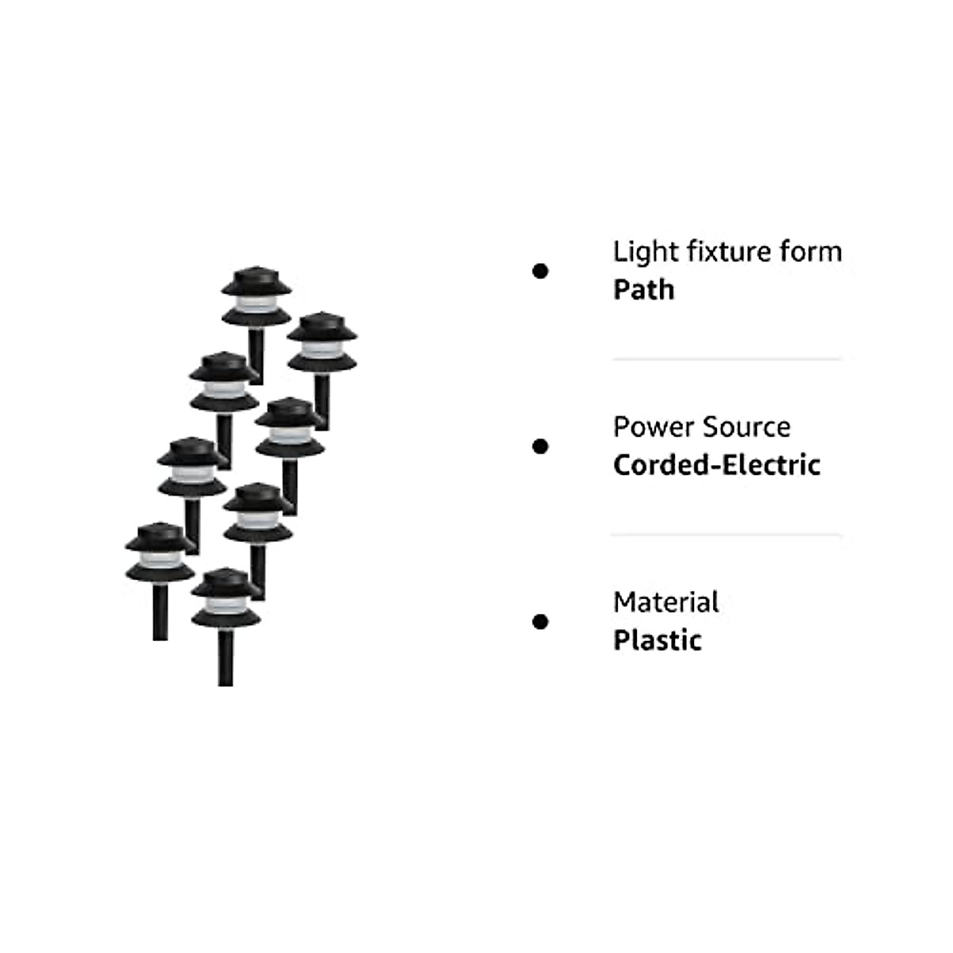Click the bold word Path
(x=643, y=290)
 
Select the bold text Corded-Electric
(x=716, y=465)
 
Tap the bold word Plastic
(x=657, y=640)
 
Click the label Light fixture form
(x=727, y=252)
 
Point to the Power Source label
(x=701, y=427)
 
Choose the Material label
(x=666, y=603)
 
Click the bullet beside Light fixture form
(x=540, y=272)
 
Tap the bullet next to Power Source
(x=540, y=446)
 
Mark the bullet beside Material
(x=540, y=622)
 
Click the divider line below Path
(x=726, y=359)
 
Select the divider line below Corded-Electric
(x=726, y=534)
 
